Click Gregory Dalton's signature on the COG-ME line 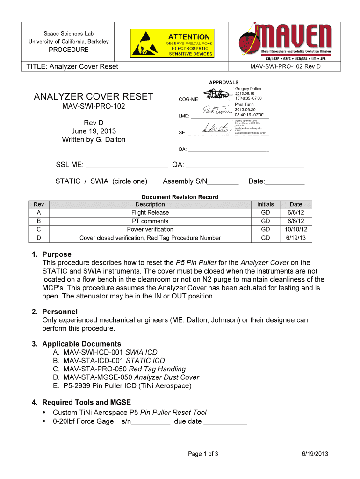point(216,97)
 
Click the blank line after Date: point(285,181)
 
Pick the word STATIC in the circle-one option point(67,181)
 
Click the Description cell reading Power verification point(150,229)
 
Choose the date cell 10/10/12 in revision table point(296,229)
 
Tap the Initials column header point(266,204)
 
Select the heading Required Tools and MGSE point(86,402)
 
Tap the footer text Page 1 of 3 point(203,454)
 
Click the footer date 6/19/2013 point(315,454)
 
